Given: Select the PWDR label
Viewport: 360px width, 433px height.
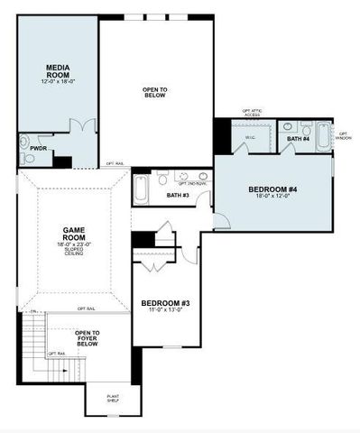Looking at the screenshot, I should tap(39, 148).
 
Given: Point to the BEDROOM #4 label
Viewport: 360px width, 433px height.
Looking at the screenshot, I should tap(272, 189).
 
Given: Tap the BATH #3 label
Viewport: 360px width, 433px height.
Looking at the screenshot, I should tap(178, 195).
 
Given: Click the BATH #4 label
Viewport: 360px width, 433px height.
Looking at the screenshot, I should tap(299, 139).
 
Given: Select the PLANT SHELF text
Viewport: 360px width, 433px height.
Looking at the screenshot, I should tap(114, 398).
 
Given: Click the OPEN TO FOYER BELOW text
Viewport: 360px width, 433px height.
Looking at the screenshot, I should tap(88, 338).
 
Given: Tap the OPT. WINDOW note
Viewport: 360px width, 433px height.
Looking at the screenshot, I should tap(344, 135).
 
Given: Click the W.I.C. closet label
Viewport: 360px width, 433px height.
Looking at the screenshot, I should tap(251, 138).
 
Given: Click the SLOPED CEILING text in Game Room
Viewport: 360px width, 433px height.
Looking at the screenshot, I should tap(74, 252).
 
